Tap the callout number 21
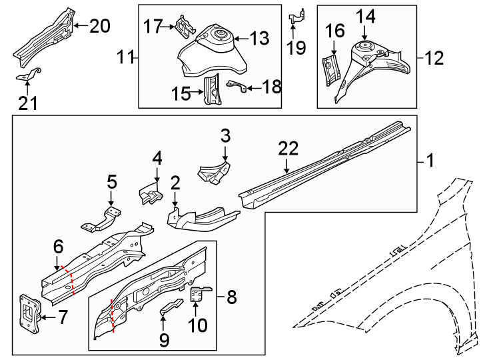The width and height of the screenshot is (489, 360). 27,103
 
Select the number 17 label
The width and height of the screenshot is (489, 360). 153,26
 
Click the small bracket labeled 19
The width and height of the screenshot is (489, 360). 296,17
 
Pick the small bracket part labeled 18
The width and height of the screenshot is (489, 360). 239,85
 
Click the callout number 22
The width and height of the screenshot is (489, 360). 287,149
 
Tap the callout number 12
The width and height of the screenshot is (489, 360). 434,59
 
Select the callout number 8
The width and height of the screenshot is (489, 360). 231,296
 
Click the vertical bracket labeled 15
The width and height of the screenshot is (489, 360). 212,90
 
